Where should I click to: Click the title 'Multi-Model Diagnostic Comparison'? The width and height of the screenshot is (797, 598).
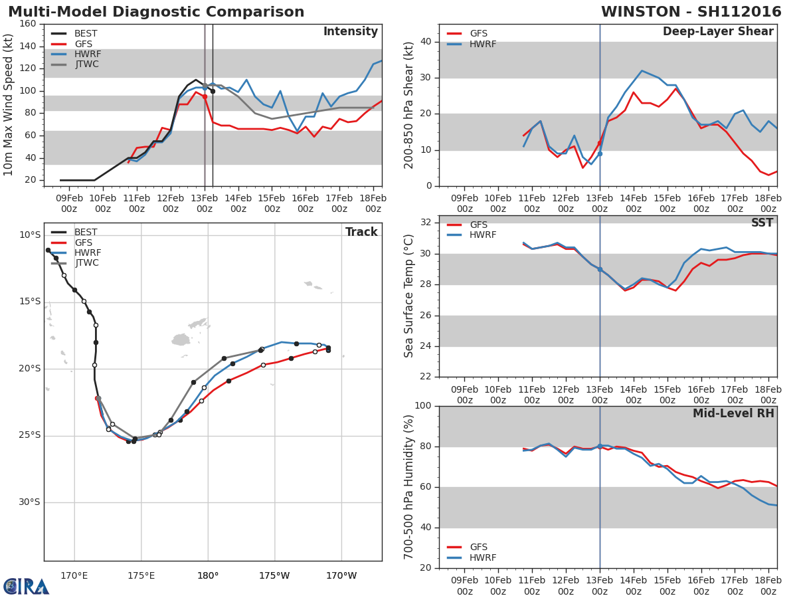(156, 13)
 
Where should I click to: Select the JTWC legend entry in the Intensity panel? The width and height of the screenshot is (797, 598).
(87, 64)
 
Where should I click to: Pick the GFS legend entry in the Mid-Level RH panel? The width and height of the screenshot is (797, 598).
(478, 547)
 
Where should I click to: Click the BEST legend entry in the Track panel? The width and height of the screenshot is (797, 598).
(86, 233)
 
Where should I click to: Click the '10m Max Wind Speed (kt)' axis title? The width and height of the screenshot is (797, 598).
(9, 104)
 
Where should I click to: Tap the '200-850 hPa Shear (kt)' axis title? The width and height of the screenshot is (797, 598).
(410, 105)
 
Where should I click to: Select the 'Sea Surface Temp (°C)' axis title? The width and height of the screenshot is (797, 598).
(410, 296)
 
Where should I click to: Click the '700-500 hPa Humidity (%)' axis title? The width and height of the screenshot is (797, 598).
(410, 486)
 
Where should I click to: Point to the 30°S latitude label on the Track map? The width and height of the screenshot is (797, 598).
(29, 502)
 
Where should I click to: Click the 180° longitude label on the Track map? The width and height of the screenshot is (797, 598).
(208, 575)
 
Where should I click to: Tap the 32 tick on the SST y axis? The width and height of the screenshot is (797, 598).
(425, 223)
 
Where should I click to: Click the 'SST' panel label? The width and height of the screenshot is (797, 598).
(762, 223)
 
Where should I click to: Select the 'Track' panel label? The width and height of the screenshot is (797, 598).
(361, 232)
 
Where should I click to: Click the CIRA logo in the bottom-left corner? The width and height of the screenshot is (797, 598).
(26, 586)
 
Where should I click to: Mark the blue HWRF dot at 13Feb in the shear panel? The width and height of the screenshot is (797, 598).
(600, 153)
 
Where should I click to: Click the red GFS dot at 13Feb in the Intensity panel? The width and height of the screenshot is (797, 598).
(205, 96)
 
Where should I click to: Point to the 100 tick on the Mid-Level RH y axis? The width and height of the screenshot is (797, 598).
(422, 406)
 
